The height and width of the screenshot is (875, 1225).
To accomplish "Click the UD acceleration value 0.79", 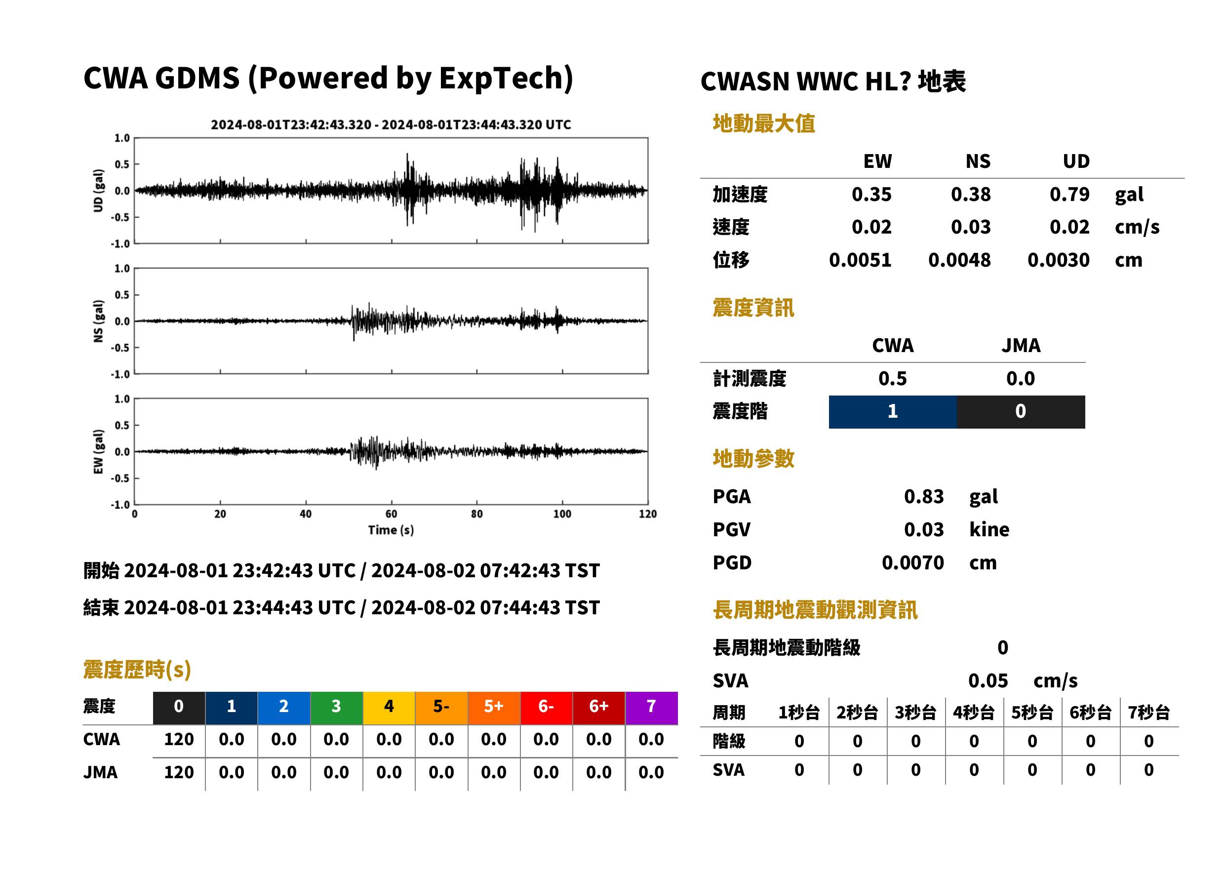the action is [1069, 195].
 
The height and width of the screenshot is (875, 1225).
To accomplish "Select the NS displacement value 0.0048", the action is [959, 260].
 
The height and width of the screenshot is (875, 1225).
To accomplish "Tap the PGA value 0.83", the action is [923, 496].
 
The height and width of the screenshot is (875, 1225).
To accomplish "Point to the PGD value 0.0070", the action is [912, 562].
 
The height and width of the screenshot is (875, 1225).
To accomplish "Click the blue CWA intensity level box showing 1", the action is [893, 412].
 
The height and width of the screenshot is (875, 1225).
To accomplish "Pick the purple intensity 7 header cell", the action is [651, 708].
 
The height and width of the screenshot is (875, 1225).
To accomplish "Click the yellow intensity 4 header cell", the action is [389, 708].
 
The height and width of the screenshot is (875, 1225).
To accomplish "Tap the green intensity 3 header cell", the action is [336, 708].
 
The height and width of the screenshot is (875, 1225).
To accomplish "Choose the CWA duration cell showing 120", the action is [179, 739].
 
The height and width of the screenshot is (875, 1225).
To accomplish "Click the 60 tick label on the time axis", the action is [391, 514].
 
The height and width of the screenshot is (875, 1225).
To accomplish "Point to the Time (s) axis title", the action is [391, 530].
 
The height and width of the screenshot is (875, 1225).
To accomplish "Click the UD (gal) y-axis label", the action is [98, 191].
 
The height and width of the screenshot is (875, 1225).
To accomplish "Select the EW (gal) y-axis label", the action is [98, 451].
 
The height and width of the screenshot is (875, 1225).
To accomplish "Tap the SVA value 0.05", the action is [988, 681].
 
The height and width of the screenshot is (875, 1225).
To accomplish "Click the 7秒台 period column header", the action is [1148, 713].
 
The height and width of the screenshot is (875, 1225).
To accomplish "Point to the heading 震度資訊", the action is [753, 308].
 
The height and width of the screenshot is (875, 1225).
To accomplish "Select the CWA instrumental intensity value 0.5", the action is [893, 379].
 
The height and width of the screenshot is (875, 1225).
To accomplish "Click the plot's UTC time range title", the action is [391, 124].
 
